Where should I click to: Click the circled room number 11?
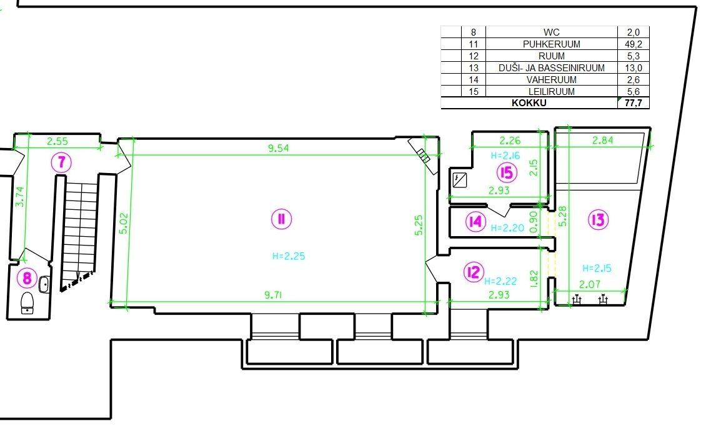[281, 219]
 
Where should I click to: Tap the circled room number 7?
[61, 162]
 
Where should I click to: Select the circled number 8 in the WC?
[27, 278]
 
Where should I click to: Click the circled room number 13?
[598, 219]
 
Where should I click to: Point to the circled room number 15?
[507, 172]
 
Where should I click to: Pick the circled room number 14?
[475, 221]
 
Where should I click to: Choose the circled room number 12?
[473, 272]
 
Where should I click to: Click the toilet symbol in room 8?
[27, 302]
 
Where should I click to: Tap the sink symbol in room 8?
[44, 285]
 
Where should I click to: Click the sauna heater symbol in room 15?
[460, 180]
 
